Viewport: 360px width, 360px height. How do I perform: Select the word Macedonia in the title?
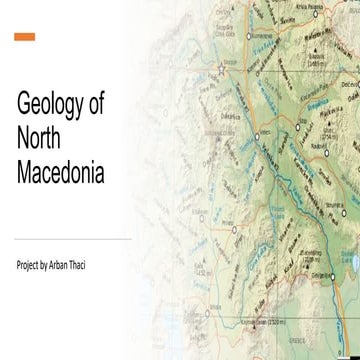[x=61, y=175]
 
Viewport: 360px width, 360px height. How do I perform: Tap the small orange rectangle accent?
[x=25, y=37]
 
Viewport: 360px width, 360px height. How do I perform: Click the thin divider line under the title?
[x=73, y=240]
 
